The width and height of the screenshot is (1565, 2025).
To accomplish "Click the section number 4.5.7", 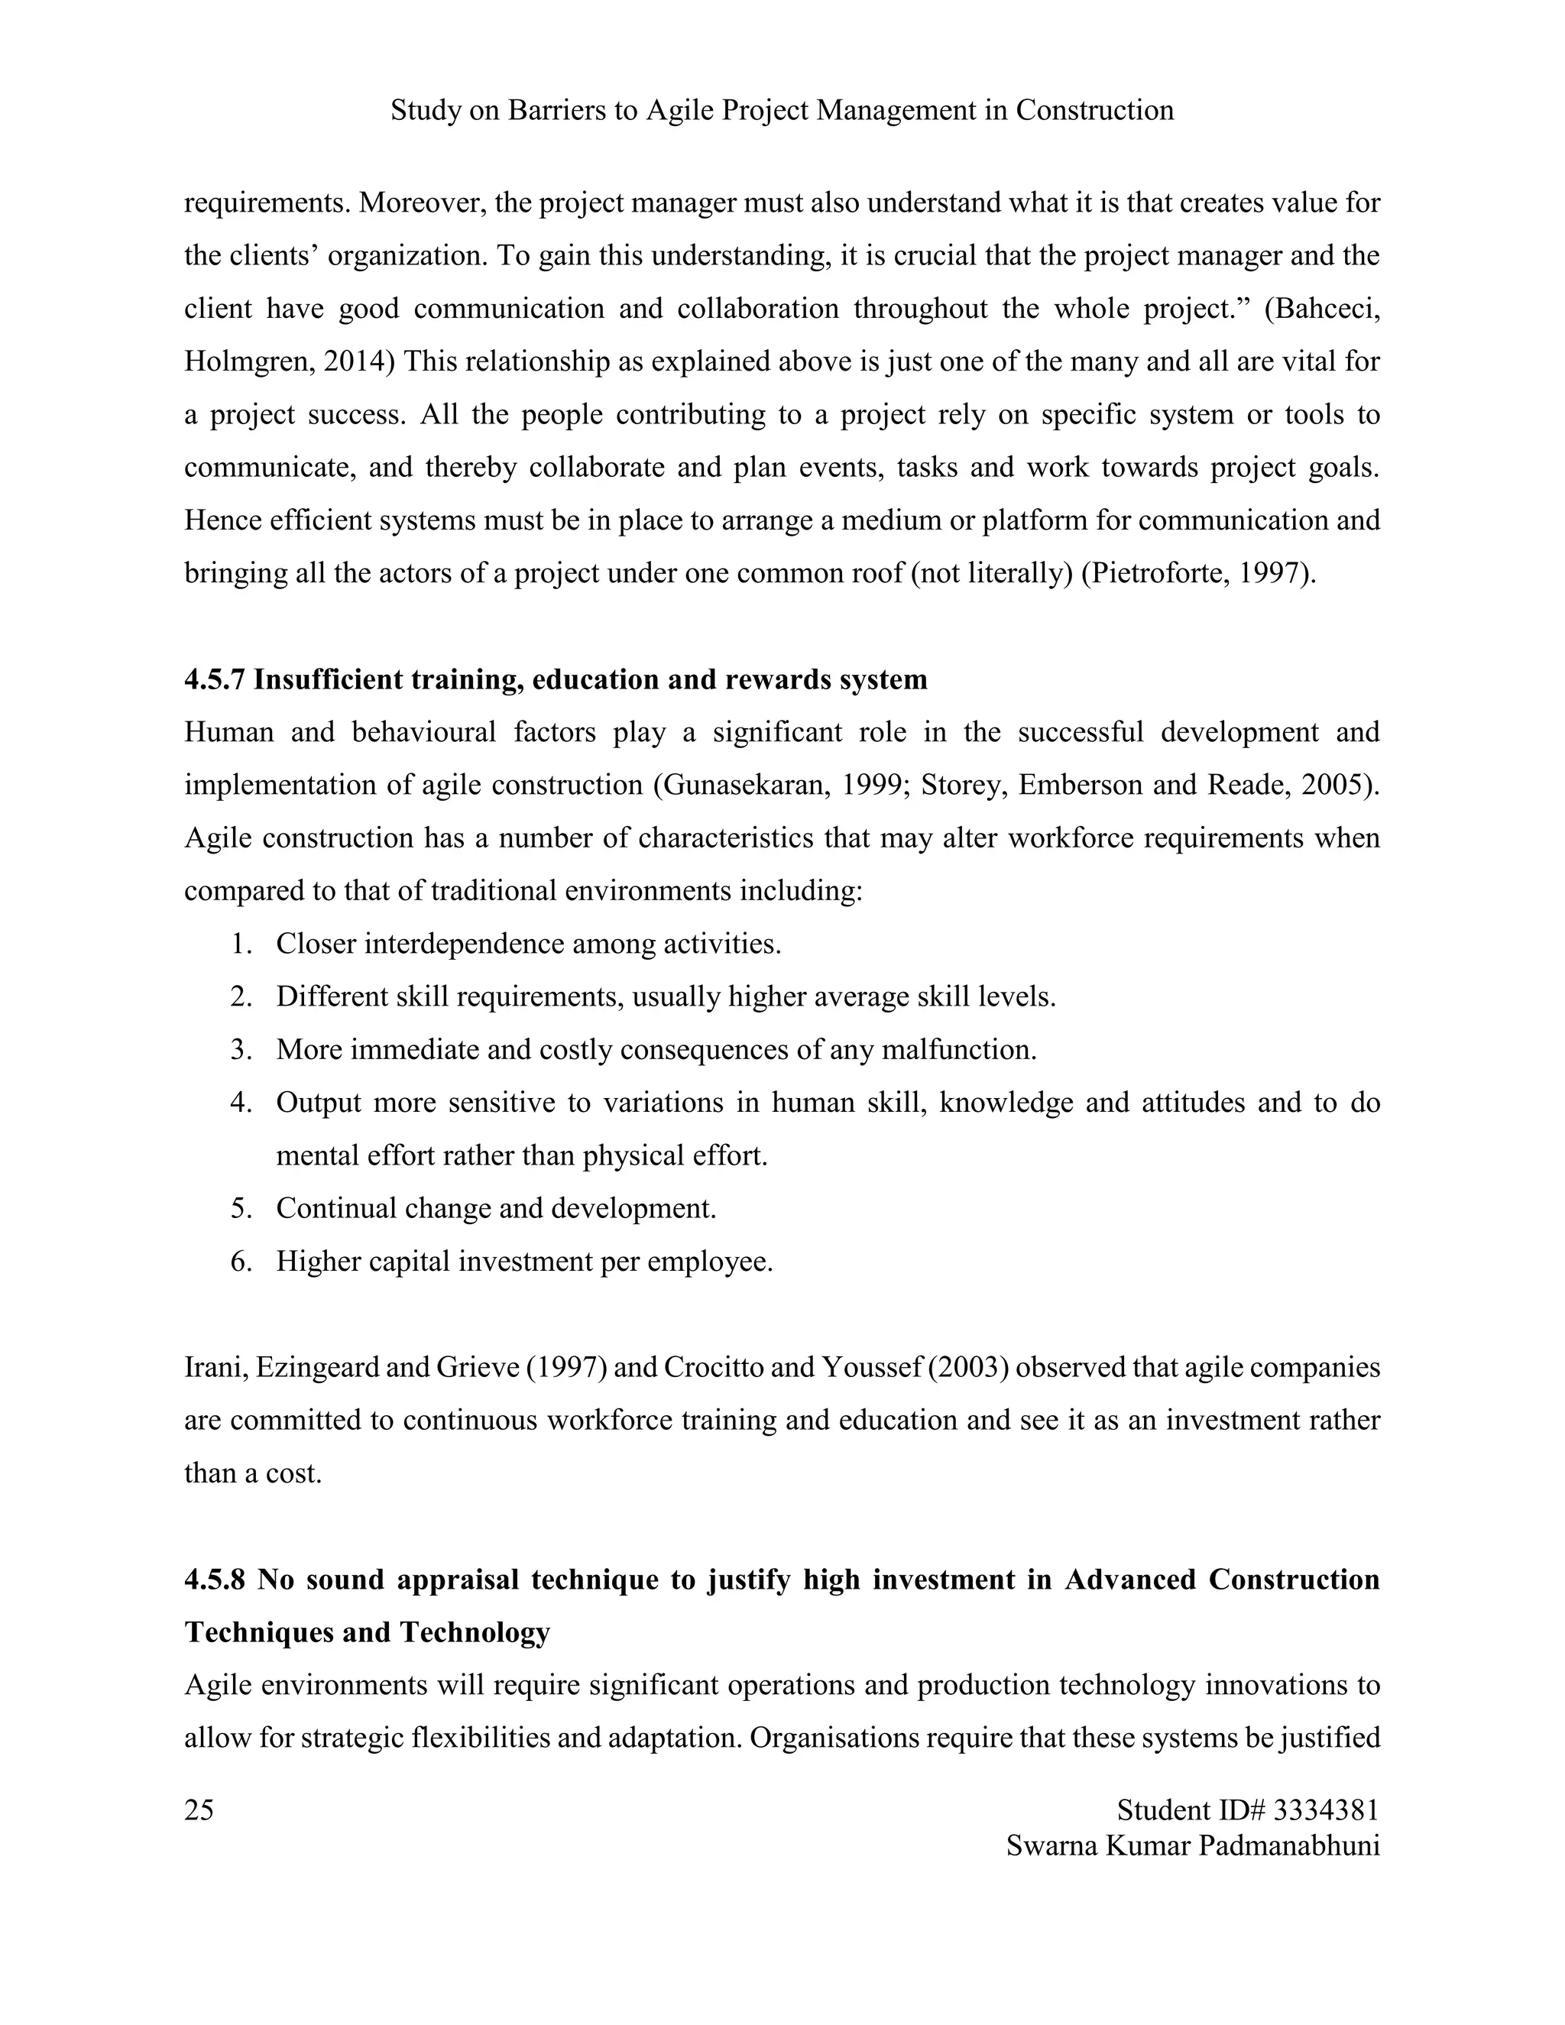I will click(x=215, y=679).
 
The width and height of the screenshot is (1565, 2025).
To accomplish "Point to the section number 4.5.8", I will click(x=215, y=1579).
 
